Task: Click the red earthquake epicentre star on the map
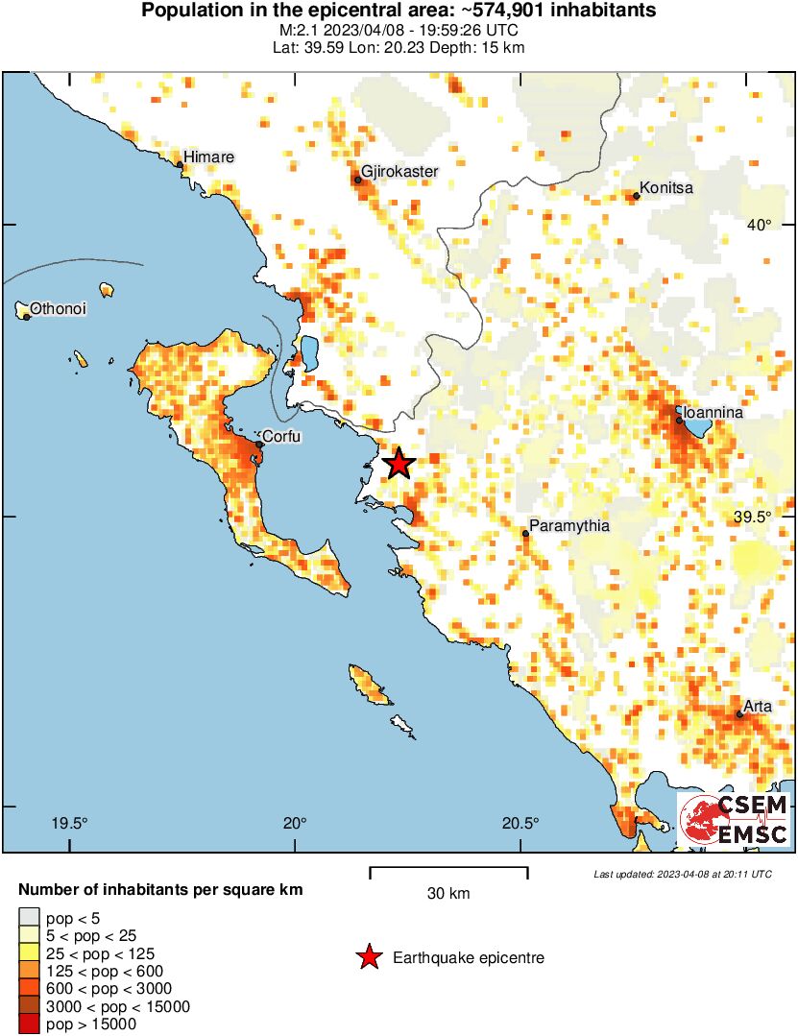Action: pyautogui.click(x=398, y=465)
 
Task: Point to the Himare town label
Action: pyautogui.click(x=208, y=157)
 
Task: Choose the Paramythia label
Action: pyautogui.click(x=569, y=526)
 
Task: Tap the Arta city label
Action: pyautogui.click(x=758, y=707)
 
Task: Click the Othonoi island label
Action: pyautogui.click(x=59, y=309)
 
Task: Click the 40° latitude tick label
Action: pyautogui.click(x=761, y=225)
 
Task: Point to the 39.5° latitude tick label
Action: pyautogui.click(x=754, y=517)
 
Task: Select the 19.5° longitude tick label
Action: pyautogui.click(x=70, y=823)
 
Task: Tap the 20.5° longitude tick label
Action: pyautogui.click(x=520, y=823)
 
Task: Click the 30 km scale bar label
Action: pyautogui.click(x=448, y=894)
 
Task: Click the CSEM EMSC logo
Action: pyautogui.click(x=734, y=819)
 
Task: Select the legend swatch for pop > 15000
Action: pyautogui.click(x=29, y=1024)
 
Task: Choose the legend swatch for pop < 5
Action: pyautogui.click(x=29, y=919)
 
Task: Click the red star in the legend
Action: pyautogui.click(x=368, y=957)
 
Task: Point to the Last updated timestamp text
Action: pyautogui.click(x=682, y=874)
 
